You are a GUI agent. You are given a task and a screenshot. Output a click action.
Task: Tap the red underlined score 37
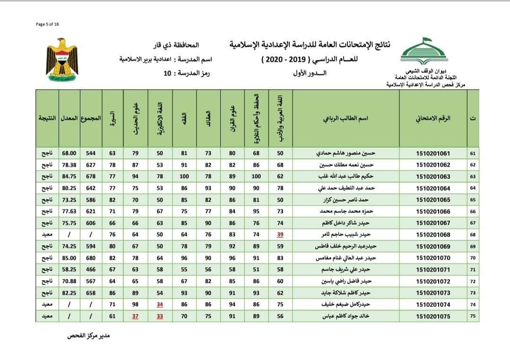pyautogui.click(x=136, y=317)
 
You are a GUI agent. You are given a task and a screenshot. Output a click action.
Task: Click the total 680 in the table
pyautogui.click(x=91, y=258)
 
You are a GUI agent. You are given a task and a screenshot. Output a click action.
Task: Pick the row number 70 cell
pyautogui.click(x=473, y=258)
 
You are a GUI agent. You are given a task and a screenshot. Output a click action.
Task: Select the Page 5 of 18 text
pyautogui.click(x=47, y=24)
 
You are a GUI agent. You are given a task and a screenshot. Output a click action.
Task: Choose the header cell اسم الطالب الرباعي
pyautogui.click(x=347, y=118)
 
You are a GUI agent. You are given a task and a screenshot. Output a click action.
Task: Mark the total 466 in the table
pyautogui.click(x=91, y=270)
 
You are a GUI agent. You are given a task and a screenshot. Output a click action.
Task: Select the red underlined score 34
pyautogui.click(x=160, y=305)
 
